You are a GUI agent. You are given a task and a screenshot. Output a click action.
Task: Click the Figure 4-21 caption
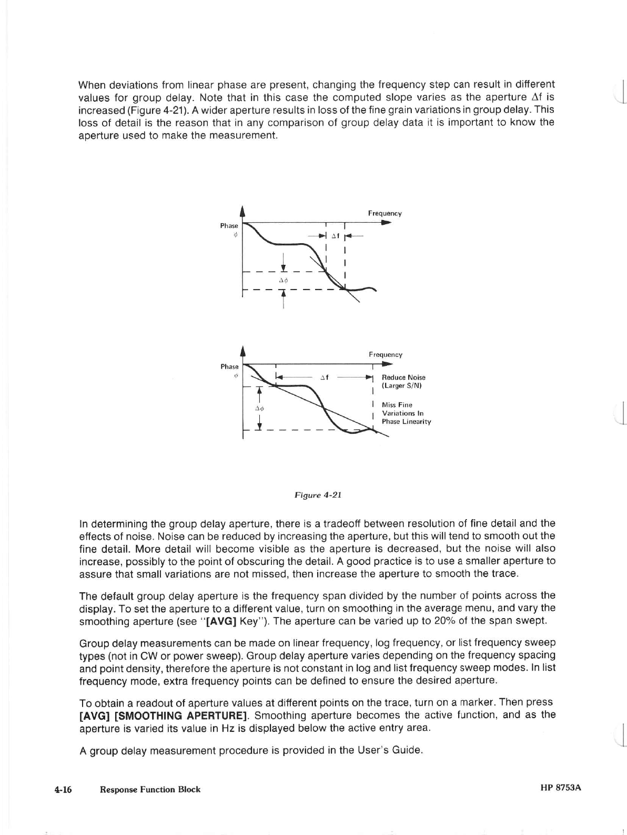(x=318, y=495)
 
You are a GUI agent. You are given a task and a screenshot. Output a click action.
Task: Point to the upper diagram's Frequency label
(x=385, y=213)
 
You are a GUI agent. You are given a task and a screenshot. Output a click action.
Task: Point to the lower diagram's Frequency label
(x=385, y=355)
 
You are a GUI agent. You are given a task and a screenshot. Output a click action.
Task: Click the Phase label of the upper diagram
(x=229, y=225)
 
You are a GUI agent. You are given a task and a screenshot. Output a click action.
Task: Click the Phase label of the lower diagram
(x=229, y=366)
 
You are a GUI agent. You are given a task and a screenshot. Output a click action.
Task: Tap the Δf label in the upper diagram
(x=335, y=236)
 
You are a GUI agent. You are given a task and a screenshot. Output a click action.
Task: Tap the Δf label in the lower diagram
(x=325, y=377)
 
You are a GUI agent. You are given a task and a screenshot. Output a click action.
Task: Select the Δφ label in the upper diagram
(x=283, y=280)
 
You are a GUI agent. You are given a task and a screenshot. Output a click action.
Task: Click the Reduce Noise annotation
(x=403, y=381)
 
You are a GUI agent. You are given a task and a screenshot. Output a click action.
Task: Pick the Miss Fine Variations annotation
(x=406, y=413)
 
